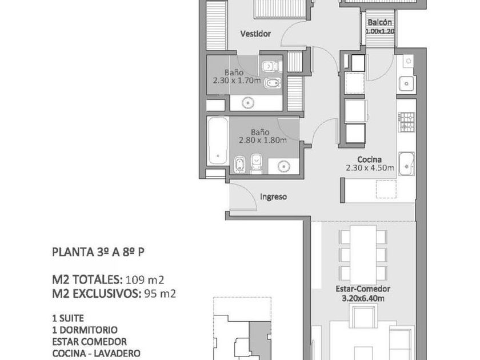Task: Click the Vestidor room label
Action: tap(255, 34)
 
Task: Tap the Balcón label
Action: tap(379, 22)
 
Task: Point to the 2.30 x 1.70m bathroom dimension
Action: tap(237, 81)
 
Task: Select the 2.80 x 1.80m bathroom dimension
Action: tap(263, 141)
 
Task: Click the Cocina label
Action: tap(370, 159)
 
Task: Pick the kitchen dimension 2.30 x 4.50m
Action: tap(370, 168)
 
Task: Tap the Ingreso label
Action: tap(273, 197)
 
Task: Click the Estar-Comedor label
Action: tap(363, 289)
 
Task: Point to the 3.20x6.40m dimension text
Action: tap(363, 298)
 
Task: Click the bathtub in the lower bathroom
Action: tap(218, 141)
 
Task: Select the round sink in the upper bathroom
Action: tap(247, 103)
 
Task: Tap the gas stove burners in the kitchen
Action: tap(406, 122)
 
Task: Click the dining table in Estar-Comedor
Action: tap(363, 255)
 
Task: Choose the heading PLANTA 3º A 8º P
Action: tap(98, 252)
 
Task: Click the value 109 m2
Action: tap(145, 280)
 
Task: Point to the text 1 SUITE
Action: tap(68, 318)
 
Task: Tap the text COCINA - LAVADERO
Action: tap(96, 353)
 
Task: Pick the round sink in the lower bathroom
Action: tap(284, 166)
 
